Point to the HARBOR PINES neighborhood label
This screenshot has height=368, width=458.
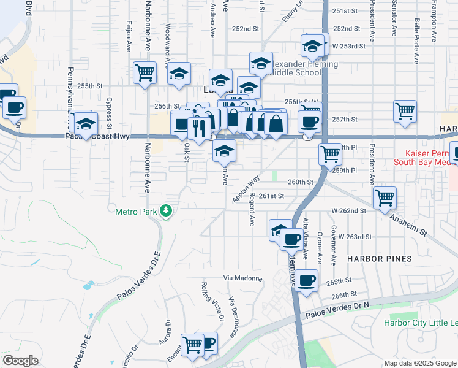380,259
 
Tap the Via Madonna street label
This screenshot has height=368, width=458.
242,278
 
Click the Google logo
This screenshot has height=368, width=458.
20,360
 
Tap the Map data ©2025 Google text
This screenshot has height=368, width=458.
419,363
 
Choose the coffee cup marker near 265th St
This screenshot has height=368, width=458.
307,280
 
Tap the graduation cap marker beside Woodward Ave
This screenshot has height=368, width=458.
179,74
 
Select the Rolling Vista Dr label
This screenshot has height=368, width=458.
212,301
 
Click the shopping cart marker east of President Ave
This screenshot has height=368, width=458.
405,111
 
